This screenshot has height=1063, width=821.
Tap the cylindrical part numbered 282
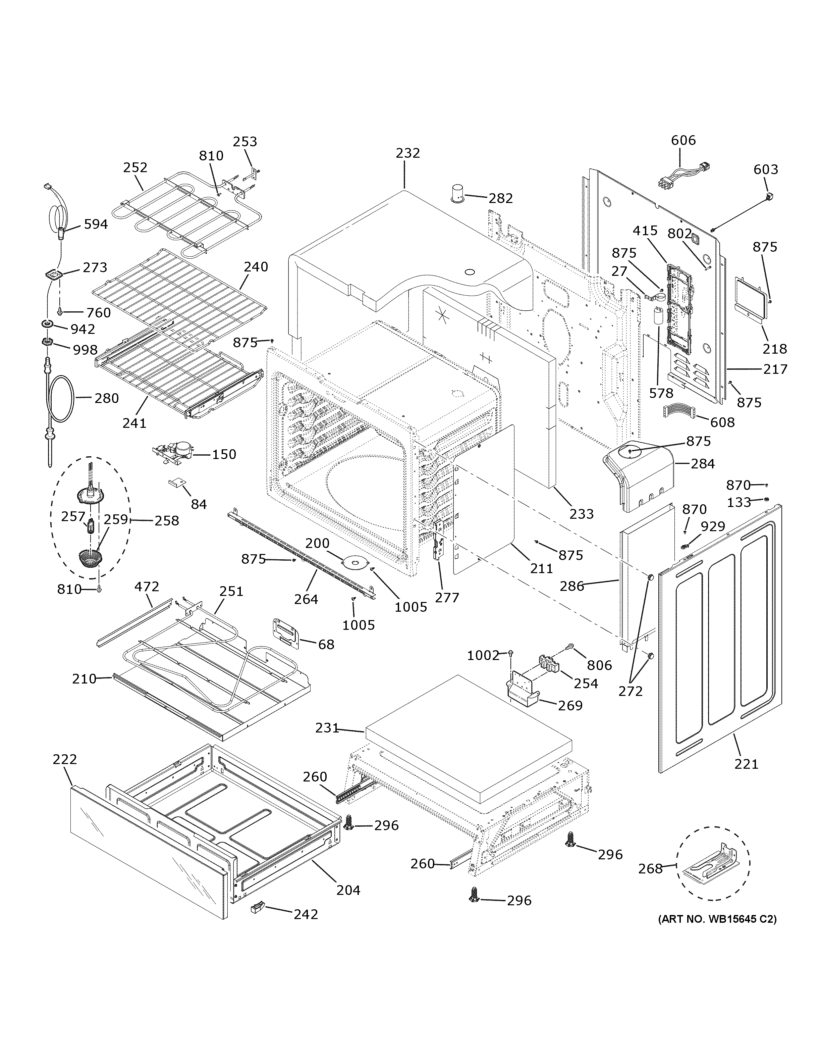[457, 193]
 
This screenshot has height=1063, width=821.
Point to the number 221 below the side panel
[746, 764]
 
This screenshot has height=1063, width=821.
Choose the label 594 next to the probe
[96, 224]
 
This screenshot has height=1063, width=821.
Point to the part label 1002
[483, 656]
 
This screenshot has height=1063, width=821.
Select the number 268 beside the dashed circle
[650, 868]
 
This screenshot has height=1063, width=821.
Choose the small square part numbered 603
[769, 197]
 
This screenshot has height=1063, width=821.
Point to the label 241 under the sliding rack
[134, 423]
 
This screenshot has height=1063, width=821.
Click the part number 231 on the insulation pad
[326, 728]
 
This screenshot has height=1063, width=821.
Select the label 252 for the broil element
[135, 167]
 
